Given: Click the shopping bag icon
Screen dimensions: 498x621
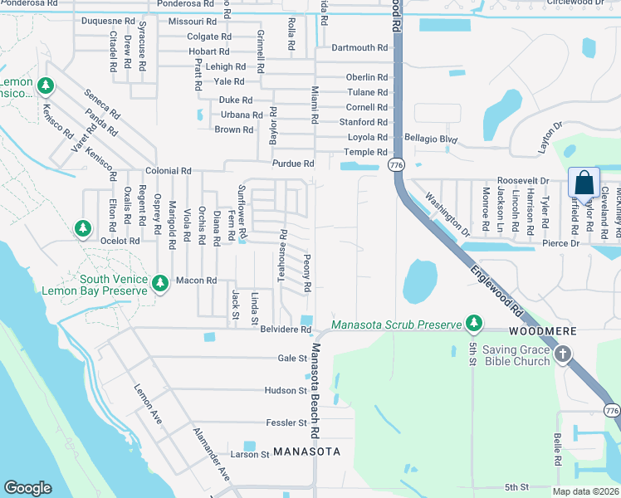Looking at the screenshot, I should click(584, 183).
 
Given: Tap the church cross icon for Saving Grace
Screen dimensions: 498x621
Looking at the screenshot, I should click(563, 354).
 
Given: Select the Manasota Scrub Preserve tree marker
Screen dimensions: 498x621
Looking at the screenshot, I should click(474, 323).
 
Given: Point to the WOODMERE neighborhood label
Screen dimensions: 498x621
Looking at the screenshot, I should click(542, 330).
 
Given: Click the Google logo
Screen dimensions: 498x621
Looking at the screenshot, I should click(27, 488).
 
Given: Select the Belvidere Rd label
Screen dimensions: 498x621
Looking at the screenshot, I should click(285, 330).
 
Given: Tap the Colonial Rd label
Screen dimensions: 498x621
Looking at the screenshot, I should click(168, 171).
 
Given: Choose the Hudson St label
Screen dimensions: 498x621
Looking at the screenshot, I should click(286, 390).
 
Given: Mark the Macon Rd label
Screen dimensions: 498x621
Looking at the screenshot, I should click(196, 281).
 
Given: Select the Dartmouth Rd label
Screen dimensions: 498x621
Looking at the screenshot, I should click(359, 48).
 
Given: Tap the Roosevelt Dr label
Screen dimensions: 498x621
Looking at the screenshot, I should click(523, 180).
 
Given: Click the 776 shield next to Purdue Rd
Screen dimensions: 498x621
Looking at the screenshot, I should click(395, 166).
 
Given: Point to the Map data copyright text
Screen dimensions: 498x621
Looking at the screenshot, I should click(584, 491).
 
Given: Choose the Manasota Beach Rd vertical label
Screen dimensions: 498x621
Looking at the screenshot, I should click(315, 391).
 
